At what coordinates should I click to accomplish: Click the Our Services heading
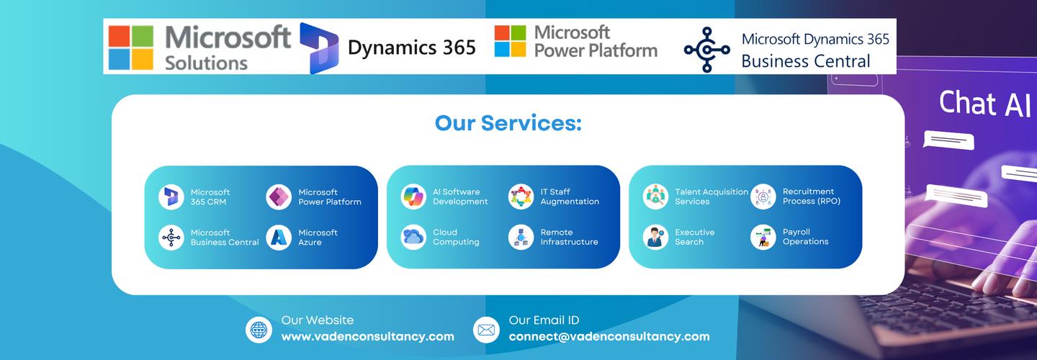[x=508, y=123]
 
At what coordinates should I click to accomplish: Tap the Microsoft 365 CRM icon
[x=171, y=197]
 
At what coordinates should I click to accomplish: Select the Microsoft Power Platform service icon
[x=279, y=197]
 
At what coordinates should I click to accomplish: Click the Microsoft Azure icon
[x=279, y=238]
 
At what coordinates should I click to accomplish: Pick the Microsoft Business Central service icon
[x=171, y=238]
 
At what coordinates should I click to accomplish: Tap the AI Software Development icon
[x=413, y=197]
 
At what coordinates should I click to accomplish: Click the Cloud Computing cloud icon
[x=413, y=237]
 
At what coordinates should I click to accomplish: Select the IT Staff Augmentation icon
[x=521, y=197]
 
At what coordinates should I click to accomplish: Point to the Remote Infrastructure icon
[x=521, y=237]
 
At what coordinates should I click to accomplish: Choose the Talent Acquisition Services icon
[x=655, y=197]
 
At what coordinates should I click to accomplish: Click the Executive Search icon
[x=655, y=237]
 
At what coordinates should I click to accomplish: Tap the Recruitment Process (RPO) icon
[x=763, y=197]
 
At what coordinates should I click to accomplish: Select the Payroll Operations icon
[x=763, y=237]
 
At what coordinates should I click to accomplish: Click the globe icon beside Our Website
[x=259, y=329]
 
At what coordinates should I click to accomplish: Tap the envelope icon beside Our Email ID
[x=486, y=329]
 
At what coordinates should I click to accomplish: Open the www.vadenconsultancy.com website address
[x=367, y=336]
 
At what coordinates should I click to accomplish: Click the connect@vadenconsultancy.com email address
[x=609, y=336]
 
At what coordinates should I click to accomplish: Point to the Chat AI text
[x=984, y=104]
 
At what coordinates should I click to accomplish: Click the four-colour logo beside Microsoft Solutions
[x=131, y=48]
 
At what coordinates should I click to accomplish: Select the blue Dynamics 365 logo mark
[x=318, y=48]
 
